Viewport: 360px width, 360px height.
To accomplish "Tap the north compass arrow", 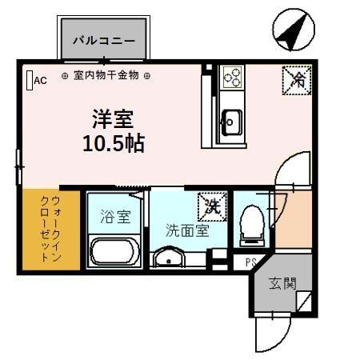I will [x=289, y=32].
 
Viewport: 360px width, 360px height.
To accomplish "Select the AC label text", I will [x=41, y=79].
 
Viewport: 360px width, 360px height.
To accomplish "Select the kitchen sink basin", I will [x=233, y=122].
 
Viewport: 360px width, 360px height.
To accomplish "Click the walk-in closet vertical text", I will [x=50, y=229].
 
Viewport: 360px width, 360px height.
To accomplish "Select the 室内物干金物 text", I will [x=106, y=76].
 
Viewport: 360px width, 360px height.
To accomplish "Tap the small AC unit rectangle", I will [x=29, y=80].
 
